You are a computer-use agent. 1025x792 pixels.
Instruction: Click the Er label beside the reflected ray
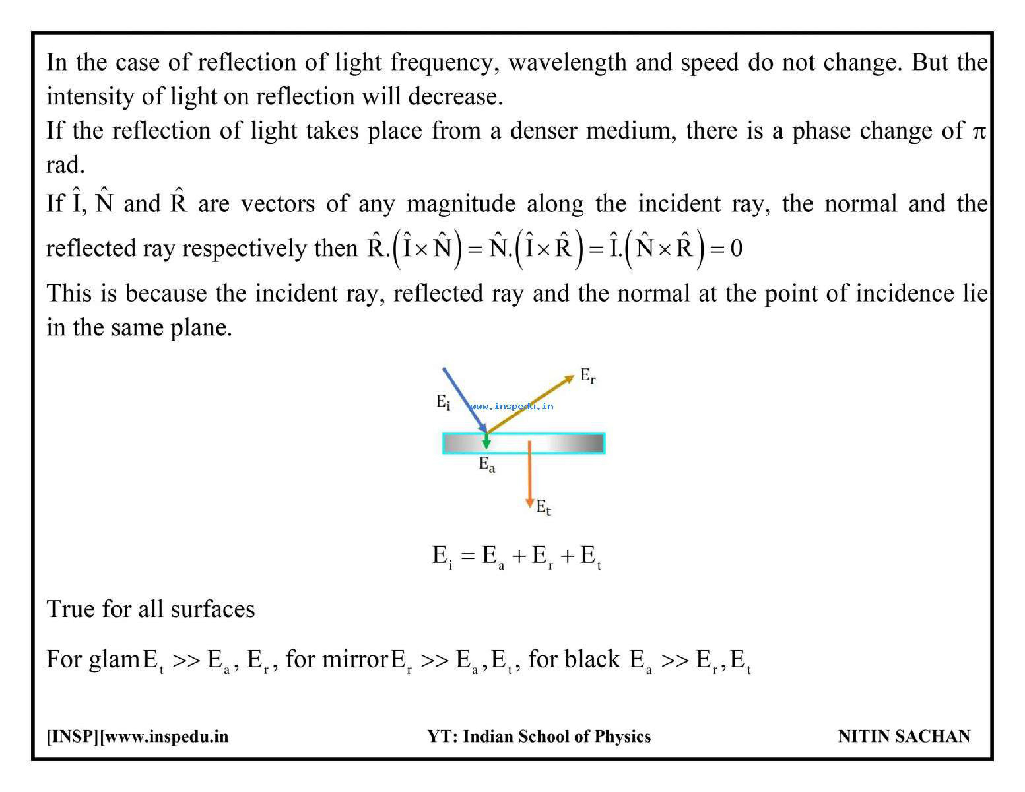coord(588,376)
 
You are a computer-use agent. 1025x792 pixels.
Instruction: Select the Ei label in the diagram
coord(443,402)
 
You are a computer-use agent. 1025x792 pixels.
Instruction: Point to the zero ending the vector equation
coord(736,249)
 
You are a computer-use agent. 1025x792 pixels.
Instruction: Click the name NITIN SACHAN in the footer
coord(904,736)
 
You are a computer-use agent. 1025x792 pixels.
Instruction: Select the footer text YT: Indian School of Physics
coord(539,736)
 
